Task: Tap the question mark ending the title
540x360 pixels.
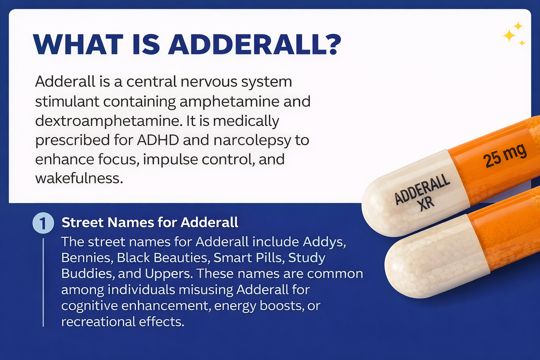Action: coord(330,45)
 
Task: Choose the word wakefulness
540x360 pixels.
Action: coord(79,178)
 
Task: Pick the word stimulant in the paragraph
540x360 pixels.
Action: coord(67,102)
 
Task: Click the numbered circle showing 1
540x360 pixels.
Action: coord(43,223)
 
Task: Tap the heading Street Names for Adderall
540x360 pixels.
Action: coord(150,223)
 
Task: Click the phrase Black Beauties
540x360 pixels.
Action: coord(163,258)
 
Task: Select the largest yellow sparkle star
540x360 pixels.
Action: coord(509,36)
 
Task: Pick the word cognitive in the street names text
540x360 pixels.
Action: coord(89,306)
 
